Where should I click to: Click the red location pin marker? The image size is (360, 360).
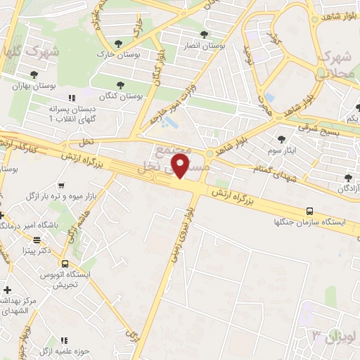tap(181, 165)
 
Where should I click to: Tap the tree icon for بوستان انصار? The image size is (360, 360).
tap(204, 34)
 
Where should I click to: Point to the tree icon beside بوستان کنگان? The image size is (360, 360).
tap(122, 84)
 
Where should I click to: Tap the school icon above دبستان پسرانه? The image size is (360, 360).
tap(70, 98)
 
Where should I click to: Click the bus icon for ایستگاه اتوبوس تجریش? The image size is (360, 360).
tap(65, 264)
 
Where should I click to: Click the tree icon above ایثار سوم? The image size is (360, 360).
tap(282, 139)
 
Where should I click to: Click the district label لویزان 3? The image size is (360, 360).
tap(330, 335)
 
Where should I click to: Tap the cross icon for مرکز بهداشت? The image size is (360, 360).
tap(7, 289)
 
